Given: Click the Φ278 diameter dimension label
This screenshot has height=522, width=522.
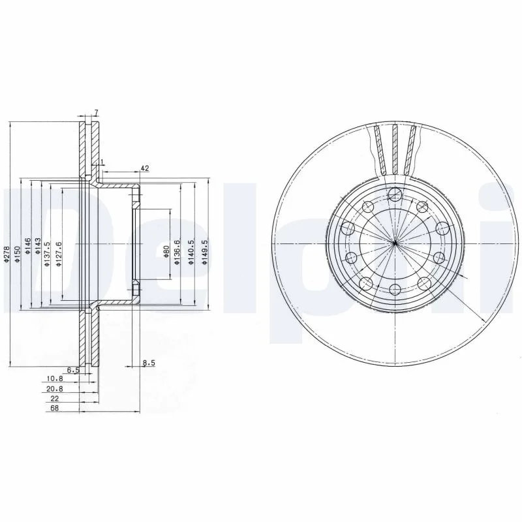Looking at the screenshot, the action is point(7,254).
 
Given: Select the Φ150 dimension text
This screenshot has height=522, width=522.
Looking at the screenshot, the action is point(18,254).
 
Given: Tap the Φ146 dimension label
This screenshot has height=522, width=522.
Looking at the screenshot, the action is point(27,246).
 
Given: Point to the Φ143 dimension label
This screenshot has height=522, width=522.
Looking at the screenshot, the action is point(38,246).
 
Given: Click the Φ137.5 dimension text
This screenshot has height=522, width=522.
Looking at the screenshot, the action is point(47,254).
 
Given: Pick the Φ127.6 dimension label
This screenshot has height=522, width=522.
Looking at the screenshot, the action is point(59,254).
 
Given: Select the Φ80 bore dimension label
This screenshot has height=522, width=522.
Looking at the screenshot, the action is point(167,251).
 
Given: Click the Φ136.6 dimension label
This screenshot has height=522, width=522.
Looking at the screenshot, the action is point(177,253).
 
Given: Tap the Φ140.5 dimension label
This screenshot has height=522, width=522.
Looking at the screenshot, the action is point(191,253).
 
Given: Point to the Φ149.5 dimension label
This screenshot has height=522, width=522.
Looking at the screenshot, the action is point(204,253).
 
